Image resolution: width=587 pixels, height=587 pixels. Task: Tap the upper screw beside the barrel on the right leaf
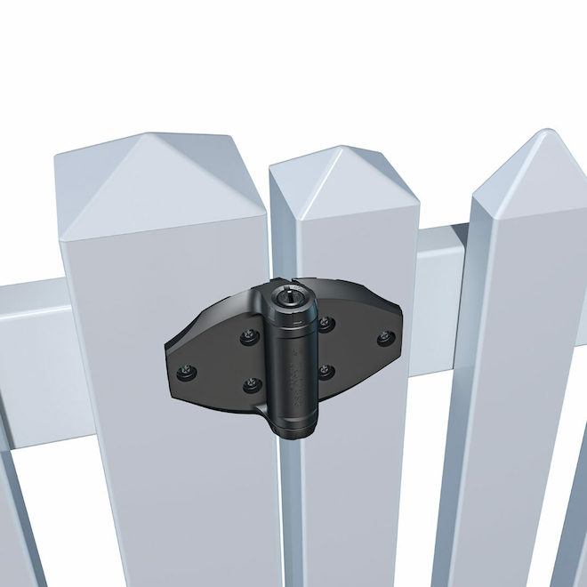(x=326, y=324)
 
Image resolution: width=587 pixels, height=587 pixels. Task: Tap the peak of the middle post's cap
(x=342, y=150)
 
